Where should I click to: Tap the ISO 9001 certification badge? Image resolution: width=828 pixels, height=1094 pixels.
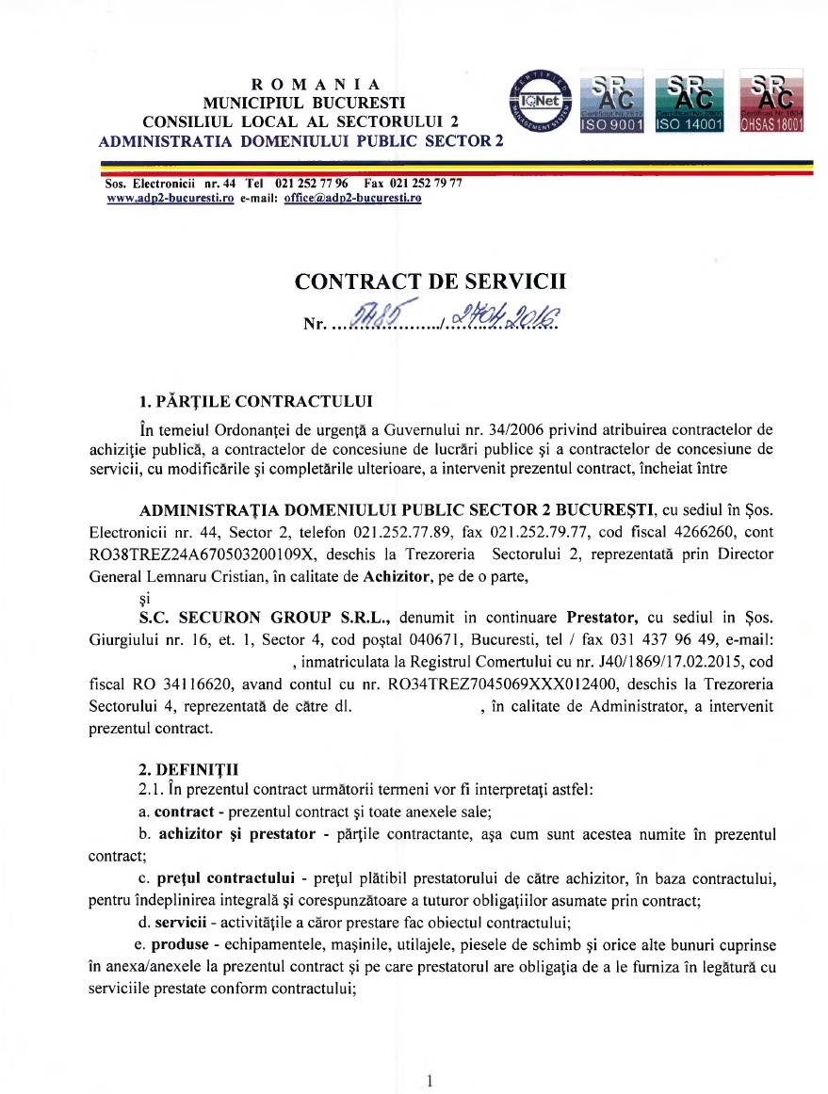click(x=612, y=101)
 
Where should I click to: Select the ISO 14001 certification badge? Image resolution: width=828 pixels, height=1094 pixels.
click(x=689, y=101)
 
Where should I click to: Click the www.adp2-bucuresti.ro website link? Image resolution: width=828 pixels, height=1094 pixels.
click(x=170, y=199)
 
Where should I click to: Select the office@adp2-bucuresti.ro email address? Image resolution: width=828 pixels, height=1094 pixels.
click(x=352, y=199)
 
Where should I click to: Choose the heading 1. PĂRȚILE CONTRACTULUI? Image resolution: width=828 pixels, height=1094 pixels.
click(x=253, y=405)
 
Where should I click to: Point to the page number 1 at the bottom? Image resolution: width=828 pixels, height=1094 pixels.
click(x=429, y=1082)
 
